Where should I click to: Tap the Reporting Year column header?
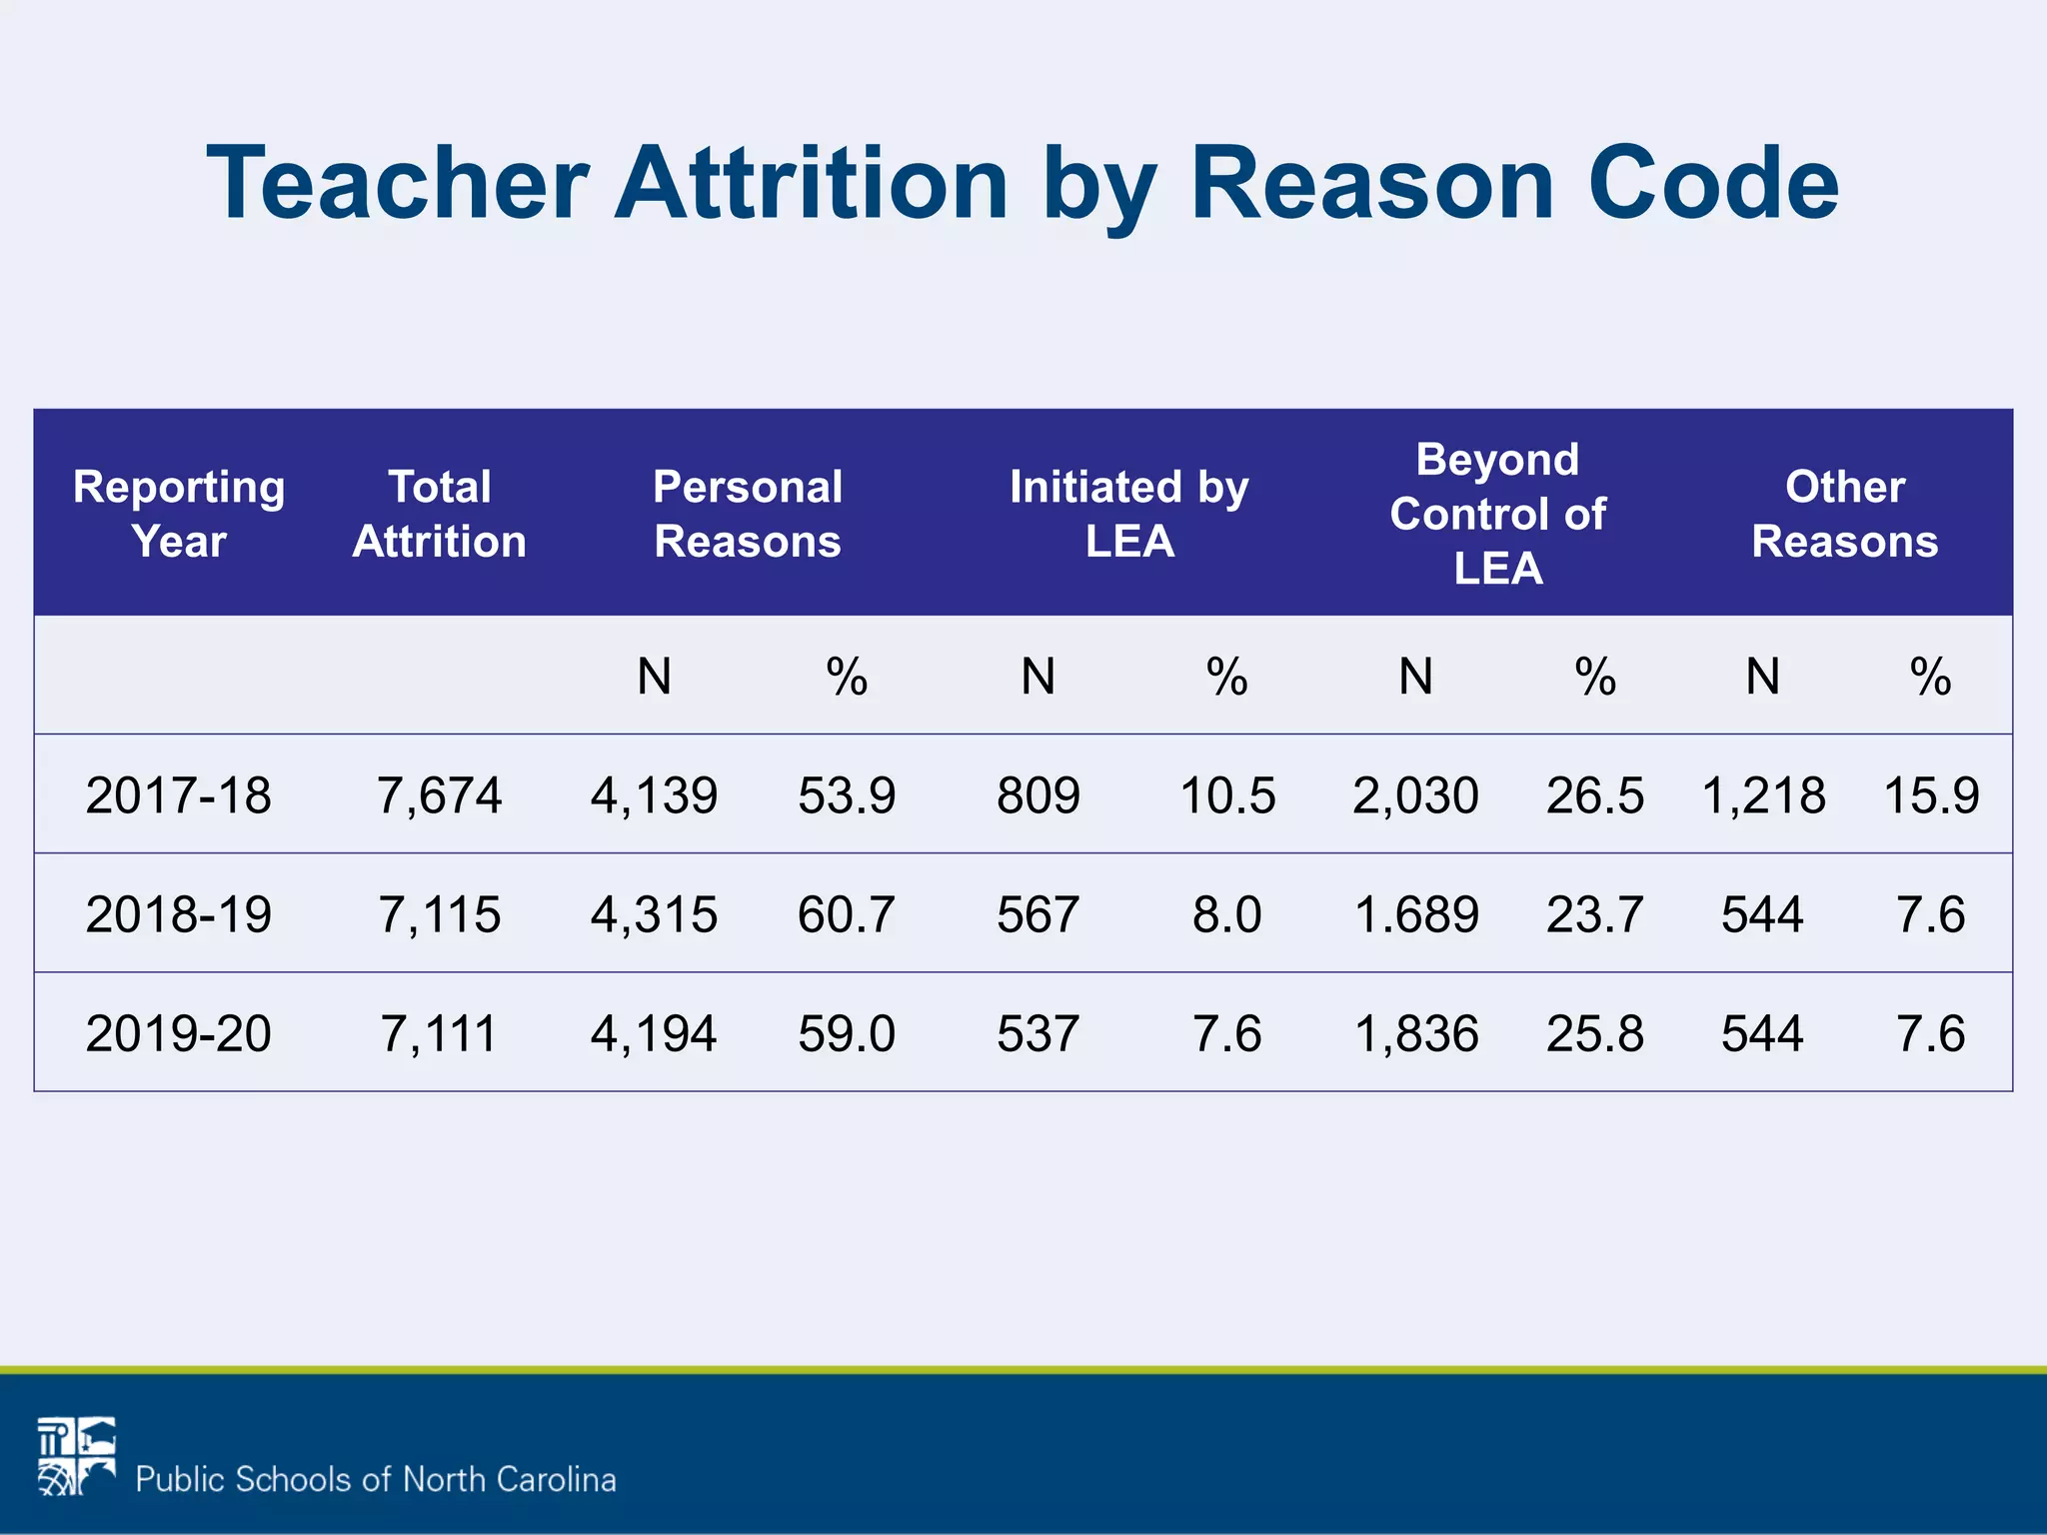pos(179,514)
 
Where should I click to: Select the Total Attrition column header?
pos(439,514)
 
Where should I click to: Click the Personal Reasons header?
pos(748,514)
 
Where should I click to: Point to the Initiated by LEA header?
pos(1129,514)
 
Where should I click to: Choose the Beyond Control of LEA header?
pos(1497,514)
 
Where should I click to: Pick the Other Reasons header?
pos(1845,514)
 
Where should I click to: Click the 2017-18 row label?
pos(179,795)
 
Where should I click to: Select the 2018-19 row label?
pos(179,914)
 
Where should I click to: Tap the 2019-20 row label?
pos(179,1033)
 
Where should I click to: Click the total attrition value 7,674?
pos(439,795)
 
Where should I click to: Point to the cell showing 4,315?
pos(654,914)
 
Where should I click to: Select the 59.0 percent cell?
pos(847,1033)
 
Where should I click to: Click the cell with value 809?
pos(1038,795)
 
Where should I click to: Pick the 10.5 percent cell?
pos(1227,795)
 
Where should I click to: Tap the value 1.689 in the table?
pos(1416,914)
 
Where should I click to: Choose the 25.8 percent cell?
pos(1595,1033)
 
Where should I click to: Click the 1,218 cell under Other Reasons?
pos(1763,795)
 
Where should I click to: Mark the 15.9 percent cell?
pos(1931,795)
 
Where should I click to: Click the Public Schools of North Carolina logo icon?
pos(77,1456)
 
